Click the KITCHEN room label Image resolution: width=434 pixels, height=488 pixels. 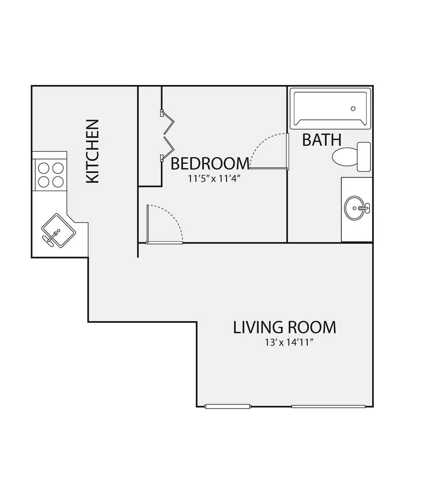click(93, 151)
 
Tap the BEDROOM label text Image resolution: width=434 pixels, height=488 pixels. click(210, 164)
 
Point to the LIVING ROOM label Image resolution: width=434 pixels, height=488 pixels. click(284, 328)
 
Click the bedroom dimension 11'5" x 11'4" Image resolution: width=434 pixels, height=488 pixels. click(214, 179)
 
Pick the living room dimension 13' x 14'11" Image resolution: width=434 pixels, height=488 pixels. click(288, 343)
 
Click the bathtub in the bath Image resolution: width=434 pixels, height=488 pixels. click(330, 108)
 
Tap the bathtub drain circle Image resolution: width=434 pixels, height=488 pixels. click(353, 108)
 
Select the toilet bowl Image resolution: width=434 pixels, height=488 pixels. click(345, 156)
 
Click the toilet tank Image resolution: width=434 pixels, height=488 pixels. click(363, 156)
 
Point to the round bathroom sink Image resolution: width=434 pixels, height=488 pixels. click(354, 208)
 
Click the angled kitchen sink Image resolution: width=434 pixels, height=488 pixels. click(59, 230)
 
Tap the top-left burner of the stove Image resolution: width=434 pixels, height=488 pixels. click(43, 168)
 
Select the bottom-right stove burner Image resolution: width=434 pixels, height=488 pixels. click(58, 182)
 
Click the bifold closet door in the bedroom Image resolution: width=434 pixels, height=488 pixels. click(167, 136)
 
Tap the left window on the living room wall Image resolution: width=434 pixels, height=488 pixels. click(227, 406)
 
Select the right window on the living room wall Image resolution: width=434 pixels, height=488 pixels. click(328, 406)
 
